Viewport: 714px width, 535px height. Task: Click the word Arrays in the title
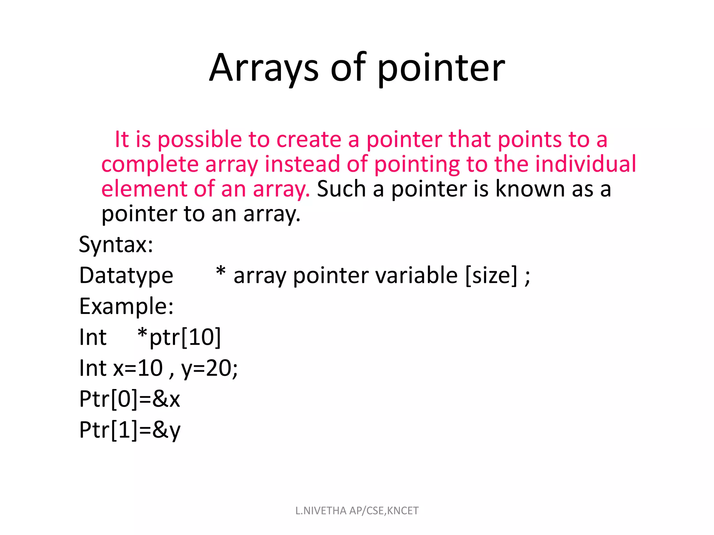(x=263, y=68)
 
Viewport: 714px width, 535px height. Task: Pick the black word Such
(x=341, y=189)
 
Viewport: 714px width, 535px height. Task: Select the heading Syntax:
(x=116, y=245)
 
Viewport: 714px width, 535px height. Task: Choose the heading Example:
(x=126, y=307)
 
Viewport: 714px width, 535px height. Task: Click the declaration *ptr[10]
(x=179, y=337)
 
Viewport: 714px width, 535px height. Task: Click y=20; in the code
(x=210, y=368)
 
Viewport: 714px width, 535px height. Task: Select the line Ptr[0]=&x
(x=129, y=399)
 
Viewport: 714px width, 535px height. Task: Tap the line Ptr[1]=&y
(x=130, y=430)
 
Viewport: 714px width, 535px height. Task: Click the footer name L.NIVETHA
(x=321, y=511)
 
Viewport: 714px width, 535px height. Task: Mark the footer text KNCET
(x=403, y=511)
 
